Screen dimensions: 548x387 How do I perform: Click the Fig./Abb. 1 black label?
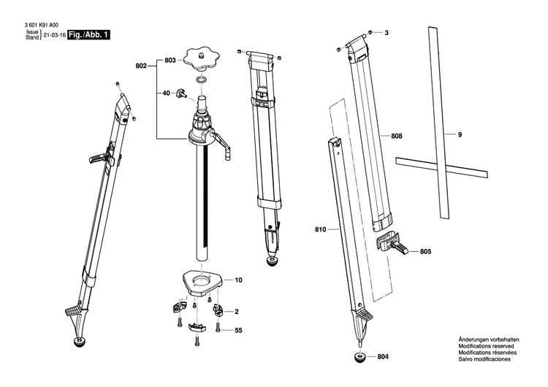click(88, 35)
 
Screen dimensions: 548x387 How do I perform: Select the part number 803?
click(170, 61)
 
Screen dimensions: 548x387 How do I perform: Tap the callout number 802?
click(141, 66)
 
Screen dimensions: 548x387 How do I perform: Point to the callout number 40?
click(167, 93)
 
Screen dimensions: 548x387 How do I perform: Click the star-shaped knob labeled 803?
click(202, 59)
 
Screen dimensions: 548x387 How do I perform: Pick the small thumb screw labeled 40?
click(182, 93)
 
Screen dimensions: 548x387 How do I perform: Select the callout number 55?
click(238, 330)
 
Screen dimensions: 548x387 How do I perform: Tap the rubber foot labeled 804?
click(360, 357)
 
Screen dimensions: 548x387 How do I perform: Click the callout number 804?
click(383, 356)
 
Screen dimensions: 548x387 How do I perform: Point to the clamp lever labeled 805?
click(392, 243)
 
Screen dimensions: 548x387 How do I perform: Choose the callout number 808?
click(396, 136)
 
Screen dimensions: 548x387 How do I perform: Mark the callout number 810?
click(321, 229)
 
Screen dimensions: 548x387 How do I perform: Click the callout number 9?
click(460, 134)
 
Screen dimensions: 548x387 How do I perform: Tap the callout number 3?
click(387, 33)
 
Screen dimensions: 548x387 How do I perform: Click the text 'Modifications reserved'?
click(486, 346)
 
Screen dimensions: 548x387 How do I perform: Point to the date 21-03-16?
click(55, 35)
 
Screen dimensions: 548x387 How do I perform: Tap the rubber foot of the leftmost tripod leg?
click(81, 342)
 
